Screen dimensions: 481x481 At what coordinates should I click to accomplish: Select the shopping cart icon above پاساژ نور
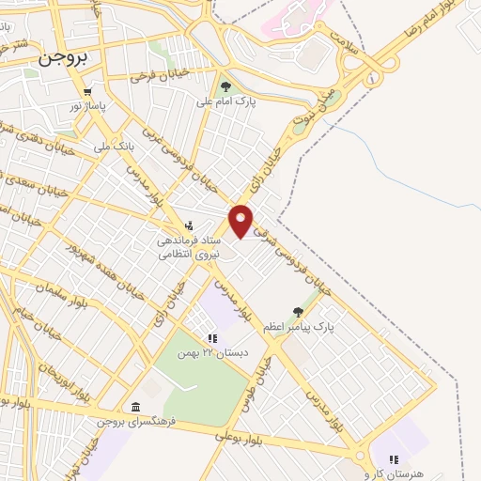click(87, 92)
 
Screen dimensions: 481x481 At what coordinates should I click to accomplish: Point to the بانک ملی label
click(110, 147)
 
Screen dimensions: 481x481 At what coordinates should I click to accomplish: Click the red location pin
click(241, 220)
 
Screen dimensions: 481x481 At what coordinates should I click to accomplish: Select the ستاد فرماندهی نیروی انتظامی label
click(188, 248)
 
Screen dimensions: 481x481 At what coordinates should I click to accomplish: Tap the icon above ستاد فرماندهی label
click(190, 225)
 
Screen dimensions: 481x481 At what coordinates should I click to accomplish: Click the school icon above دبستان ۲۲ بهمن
click(212, 338)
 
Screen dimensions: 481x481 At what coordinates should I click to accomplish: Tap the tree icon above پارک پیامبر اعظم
click(299, 312)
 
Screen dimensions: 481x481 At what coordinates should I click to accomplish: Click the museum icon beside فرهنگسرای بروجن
click(137, 407)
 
